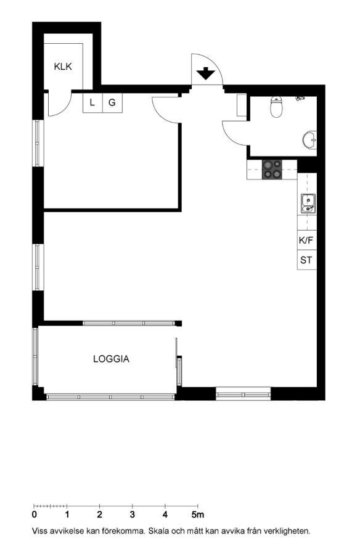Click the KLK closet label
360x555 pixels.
(x=63, y=67)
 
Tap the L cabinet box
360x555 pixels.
(x=92, y=103)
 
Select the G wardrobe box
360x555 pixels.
(x=112, y=103)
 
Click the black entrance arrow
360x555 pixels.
(x=206, y=74)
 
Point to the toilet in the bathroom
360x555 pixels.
(x=276, y=107)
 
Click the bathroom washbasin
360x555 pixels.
(x=309, y=139)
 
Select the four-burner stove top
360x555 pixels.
(x=272, y=170)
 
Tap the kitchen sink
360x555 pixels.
(x=308, y=203)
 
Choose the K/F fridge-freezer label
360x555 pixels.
(x=306, y=240)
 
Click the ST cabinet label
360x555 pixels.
(x=306, y=260)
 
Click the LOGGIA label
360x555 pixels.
(x=111, y=359)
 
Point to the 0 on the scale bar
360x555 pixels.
(x=35, y=515)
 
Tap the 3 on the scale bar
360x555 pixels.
(x=133, y=515)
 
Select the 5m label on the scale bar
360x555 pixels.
(x=198, y=515)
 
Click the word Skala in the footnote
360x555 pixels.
(x=158, y=531)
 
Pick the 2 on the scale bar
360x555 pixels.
(x=100, y=515)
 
